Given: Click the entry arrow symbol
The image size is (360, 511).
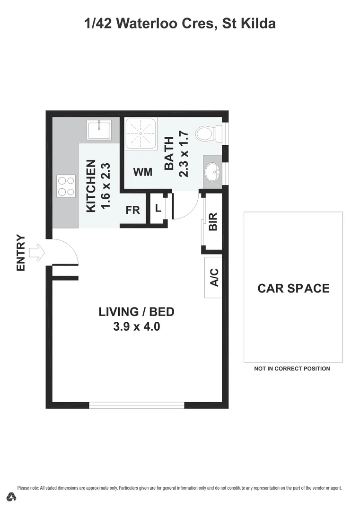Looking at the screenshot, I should [x=36, y=253].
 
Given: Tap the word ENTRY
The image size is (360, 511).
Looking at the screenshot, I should [x=21, y=253].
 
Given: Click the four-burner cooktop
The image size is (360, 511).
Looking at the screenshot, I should [x=66, y=185].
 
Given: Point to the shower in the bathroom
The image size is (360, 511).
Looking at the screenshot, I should [x=140, y=133].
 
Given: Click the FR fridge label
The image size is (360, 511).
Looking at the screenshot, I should [x=133, y=210].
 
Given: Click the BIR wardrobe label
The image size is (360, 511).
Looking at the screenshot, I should [x=213, y=221].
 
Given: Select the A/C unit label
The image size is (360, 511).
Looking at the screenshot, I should [x=214, y=277].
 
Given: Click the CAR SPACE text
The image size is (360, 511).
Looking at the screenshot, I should [x=293, y=288].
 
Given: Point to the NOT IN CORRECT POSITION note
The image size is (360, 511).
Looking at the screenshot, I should [x=292, y=369].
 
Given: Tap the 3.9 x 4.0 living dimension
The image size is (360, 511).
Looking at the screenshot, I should [x=136, y=326].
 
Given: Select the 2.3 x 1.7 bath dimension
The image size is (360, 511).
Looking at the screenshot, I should [x=184, y=154].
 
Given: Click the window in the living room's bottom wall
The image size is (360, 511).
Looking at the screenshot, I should [x=137, y=405].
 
